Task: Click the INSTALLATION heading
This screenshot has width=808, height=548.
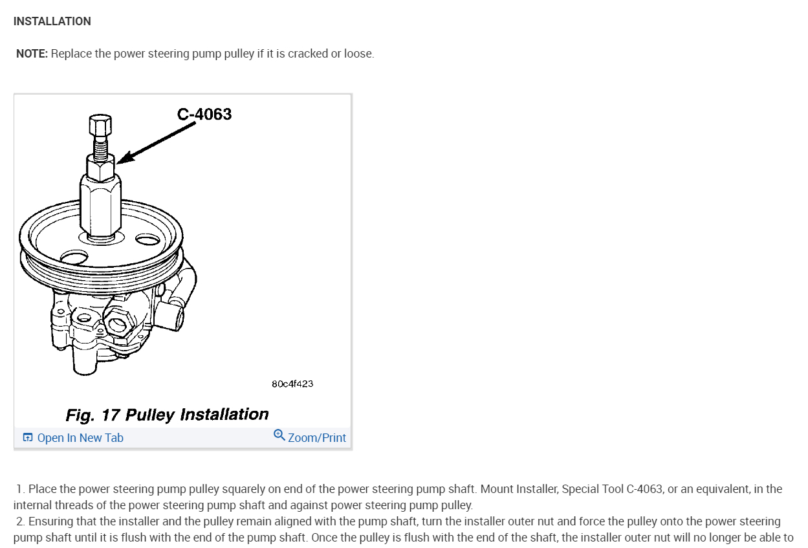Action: click(52, 21)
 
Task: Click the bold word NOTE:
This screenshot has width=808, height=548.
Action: click(32, 54)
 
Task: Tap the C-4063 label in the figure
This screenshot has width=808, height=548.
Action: click(204, 115)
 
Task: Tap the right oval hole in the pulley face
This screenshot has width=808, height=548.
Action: click(148, 240)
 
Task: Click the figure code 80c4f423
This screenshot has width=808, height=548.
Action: click(292, 384)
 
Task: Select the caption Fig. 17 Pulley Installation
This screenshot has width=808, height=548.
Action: click(167, 414)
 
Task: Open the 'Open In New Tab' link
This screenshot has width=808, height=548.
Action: click(80, 438)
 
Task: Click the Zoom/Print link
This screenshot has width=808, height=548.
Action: click(317, 438)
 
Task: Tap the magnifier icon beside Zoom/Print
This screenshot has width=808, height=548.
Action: click(279, 435)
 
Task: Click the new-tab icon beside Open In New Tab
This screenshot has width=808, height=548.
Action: click(28, 438)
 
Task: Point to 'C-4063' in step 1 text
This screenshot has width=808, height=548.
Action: click(644, 489)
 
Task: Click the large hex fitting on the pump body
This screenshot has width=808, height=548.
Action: click(119, 318)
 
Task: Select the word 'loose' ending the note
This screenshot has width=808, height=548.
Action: click(357, 54)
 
